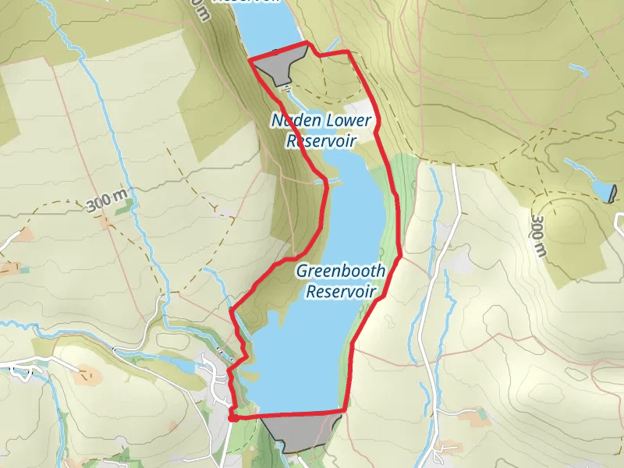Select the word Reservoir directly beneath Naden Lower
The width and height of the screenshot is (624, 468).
[x=321, y=140]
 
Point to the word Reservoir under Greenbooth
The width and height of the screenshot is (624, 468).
[x=341, y=292]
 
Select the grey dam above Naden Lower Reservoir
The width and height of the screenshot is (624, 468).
[x=278, y=65]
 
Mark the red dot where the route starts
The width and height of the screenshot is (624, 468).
[x=232, y=418]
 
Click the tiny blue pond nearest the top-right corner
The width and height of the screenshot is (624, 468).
[x=578, y=69]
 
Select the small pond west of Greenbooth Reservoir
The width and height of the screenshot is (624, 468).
[x=180, y=364]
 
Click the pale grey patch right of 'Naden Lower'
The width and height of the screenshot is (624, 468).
[x=360, y=109]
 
